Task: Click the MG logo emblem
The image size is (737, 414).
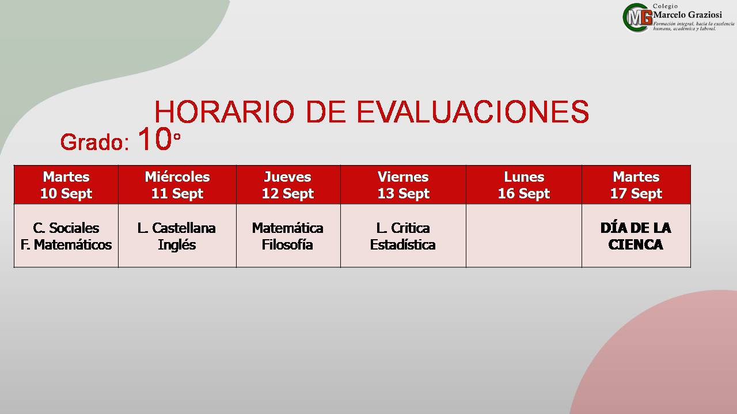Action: coord(637,17)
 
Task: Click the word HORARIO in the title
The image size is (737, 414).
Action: coord(224,112)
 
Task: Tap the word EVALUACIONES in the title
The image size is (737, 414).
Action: coord(473,112)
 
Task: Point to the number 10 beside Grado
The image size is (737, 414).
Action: coord(155,139)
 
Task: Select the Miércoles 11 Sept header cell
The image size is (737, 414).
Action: coord(177,185)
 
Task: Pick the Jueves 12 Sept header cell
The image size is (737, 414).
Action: coord(288,185)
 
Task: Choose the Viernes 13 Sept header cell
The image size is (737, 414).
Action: coord(404,185)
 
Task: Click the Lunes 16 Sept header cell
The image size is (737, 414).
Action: coord(524,185)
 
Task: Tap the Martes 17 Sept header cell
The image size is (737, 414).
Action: coord(636,185)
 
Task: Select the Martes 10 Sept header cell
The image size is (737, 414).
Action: coord(66,185)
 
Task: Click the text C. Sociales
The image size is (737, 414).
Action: coord(66,228)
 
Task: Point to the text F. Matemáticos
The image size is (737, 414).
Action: coord(66,245)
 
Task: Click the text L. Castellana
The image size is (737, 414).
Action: coord(177,228)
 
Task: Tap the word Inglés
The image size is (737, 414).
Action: coord(177,246)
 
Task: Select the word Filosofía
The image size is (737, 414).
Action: coord(287,245)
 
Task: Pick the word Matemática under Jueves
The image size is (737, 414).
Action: coord(287,228)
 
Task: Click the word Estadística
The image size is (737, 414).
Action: coord(402,245)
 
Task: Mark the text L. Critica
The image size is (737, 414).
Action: coord(403,228)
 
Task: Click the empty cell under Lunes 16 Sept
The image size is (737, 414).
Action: coord(524,236)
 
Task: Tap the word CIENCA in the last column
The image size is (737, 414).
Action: coord(636,245)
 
